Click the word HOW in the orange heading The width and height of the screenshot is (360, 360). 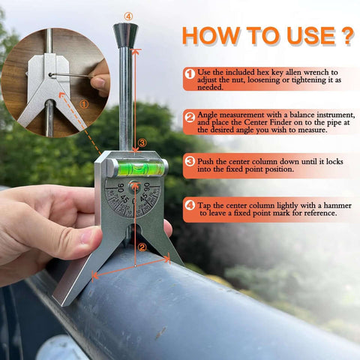(x=210, y=35)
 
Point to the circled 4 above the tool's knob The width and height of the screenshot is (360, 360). (x=128, y=14)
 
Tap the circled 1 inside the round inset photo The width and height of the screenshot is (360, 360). (x=83, y=104)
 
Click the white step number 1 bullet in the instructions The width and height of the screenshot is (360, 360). (x=190, y=73)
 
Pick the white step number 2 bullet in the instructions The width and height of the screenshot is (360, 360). (x=190, y=118)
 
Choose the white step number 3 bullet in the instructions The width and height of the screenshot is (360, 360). (x=190, y=161)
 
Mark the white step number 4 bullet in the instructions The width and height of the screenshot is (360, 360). (x=190, y=205)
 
